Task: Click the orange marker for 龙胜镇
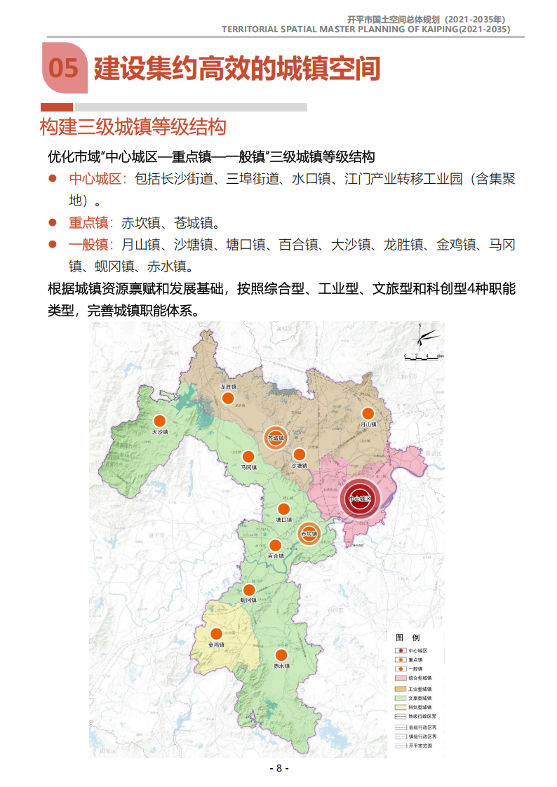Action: coord(227,398)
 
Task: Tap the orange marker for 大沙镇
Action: coord(161,421)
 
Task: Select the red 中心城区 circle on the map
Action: coord(358,499)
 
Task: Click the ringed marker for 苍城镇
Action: coord(276,438)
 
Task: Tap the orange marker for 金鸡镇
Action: coord(216,633)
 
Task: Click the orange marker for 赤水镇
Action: coord(281,655)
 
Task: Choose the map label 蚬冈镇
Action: coord(248,600)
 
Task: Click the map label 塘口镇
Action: coord(283,520)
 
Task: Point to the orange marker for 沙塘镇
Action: coord(300,455)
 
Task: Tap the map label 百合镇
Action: coord(275,556)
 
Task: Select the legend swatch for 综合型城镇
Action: coord(401,678)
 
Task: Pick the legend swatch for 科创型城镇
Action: coord(401,708)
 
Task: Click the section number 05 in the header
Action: coord(64,68)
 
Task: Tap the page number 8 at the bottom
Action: coord(278,768)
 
